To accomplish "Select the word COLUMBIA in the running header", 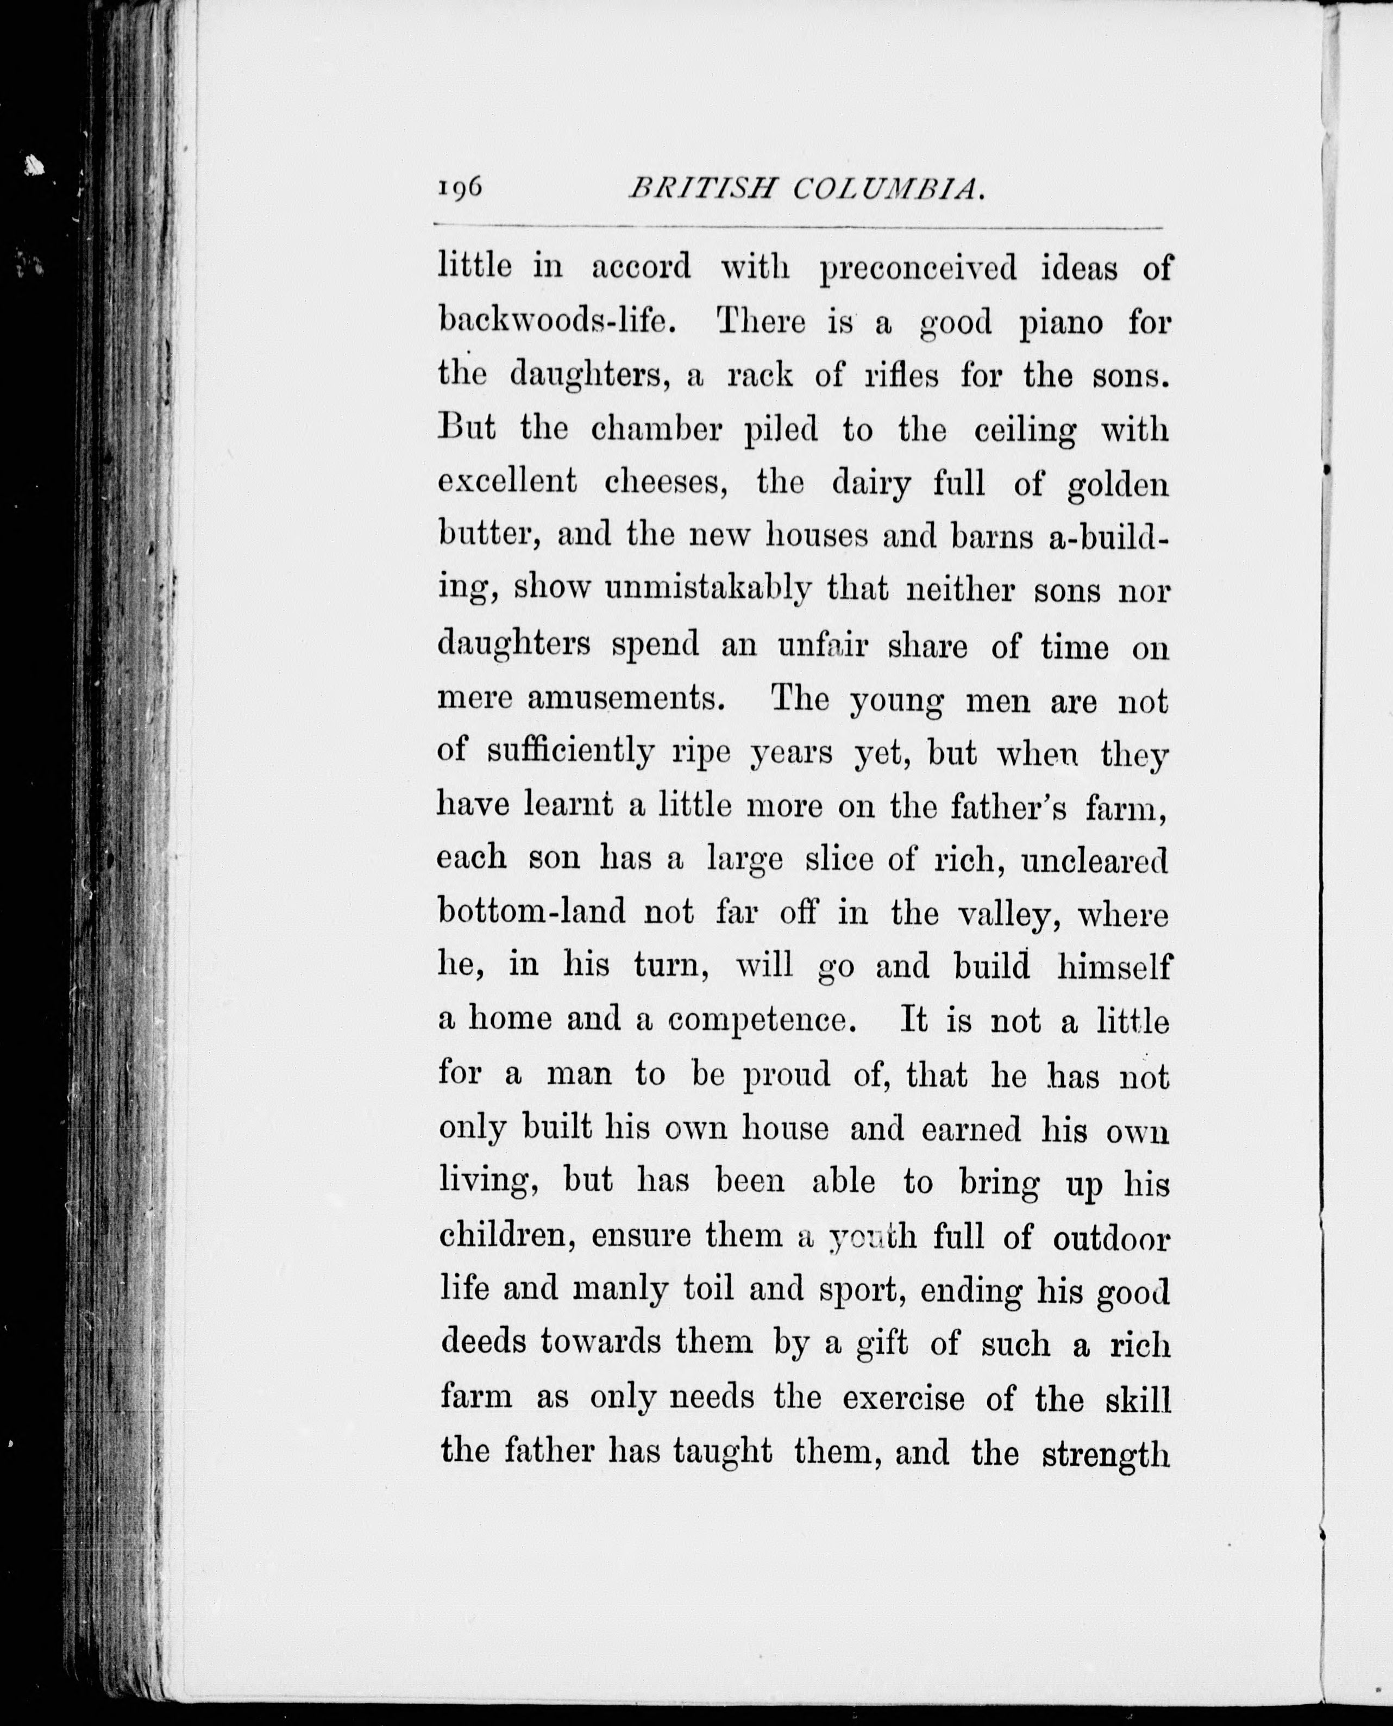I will tap(889, 190).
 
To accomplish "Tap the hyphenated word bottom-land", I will tap(532, 913).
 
